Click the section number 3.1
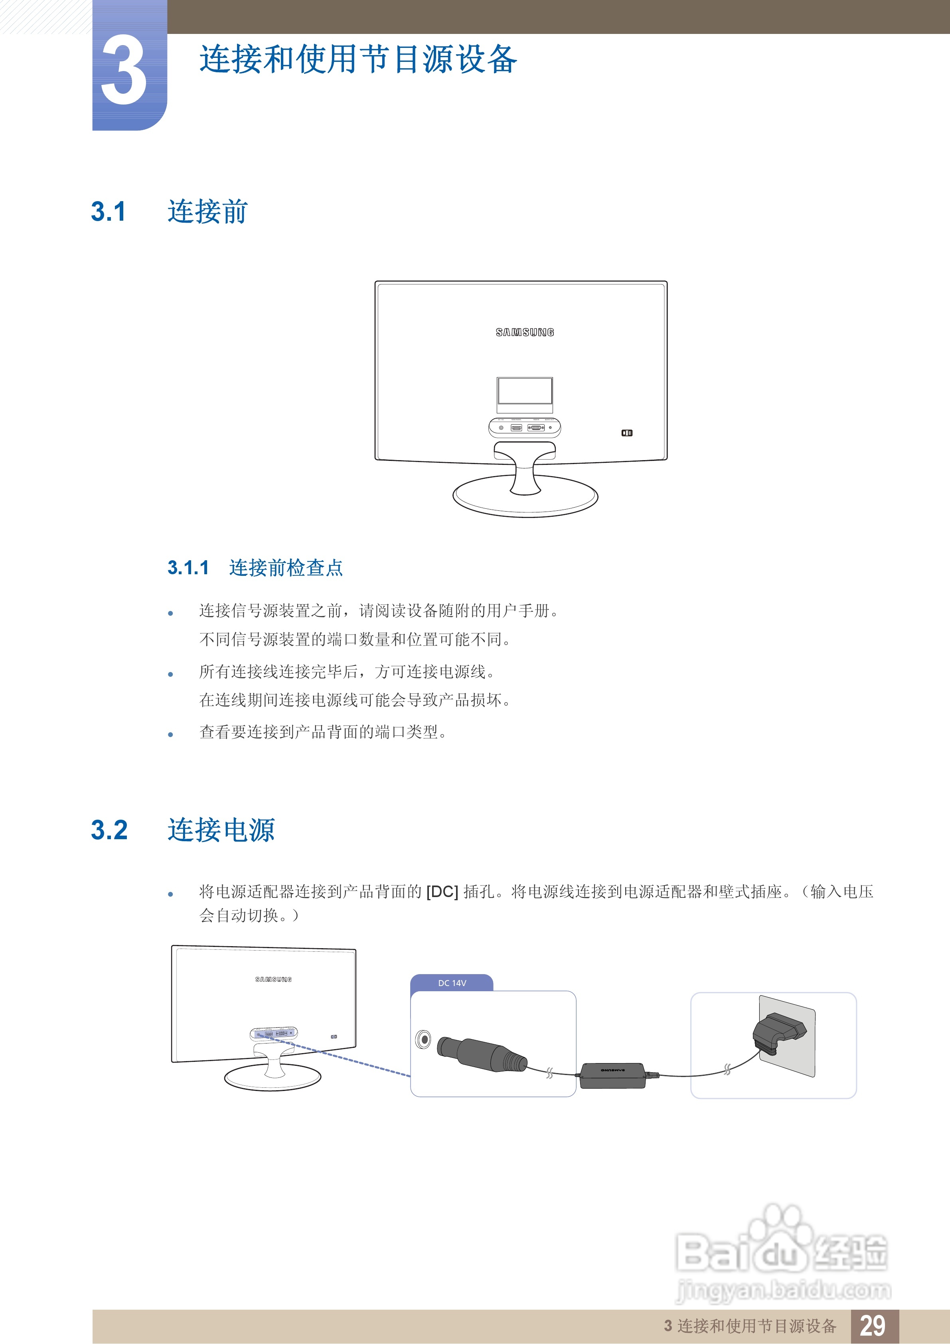click(108, 212)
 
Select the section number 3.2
click(109, 830)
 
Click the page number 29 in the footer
click(872, 1325)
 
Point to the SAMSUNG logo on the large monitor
click(524, 332)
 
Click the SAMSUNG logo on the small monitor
click(273, 979)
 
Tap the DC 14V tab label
click(452, 983)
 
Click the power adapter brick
click(612, 1076)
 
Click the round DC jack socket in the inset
click(423, 1040)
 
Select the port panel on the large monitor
click(524, 427)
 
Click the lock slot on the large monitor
click(626, 433)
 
